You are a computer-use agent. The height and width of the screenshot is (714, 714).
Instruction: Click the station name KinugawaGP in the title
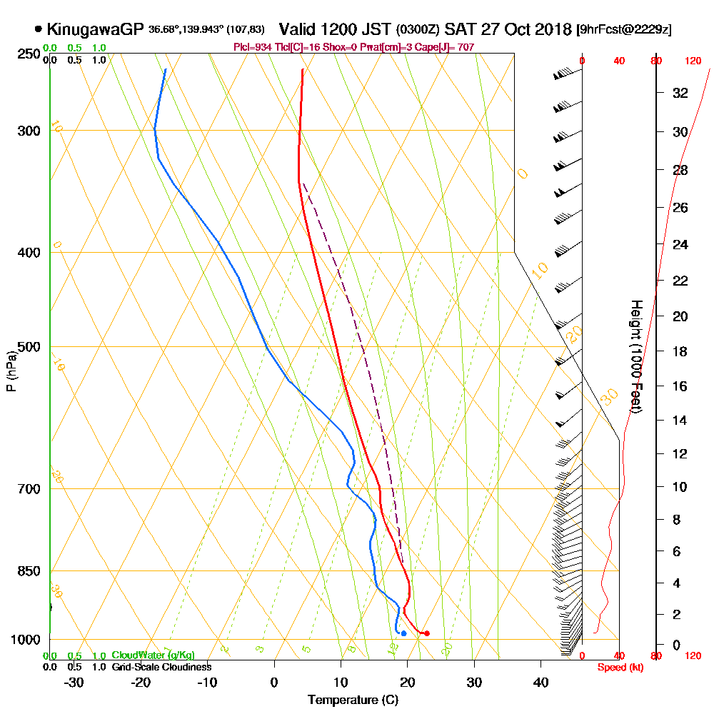[x=96, y=30]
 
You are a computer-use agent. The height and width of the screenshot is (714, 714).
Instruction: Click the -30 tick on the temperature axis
[x=74, y=683]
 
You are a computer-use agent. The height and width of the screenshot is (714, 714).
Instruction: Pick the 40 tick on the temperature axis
[x=540, y=683]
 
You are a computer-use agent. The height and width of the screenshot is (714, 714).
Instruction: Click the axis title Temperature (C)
[x=353, y=700]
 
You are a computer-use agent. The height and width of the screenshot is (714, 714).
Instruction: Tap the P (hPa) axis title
[x=11, y=371]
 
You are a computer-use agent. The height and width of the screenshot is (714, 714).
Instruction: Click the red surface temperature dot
[x=427, y=633]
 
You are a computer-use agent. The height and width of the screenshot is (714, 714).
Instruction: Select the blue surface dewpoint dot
[x=403, y=633]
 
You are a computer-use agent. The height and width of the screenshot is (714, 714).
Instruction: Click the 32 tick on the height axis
[x=680, y=93]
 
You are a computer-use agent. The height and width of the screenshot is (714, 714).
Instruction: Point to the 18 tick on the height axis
[x=680, y=351]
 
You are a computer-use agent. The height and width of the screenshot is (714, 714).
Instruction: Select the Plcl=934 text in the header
[x=251, y=47]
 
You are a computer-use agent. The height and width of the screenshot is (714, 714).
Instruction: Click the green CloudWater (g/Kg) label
[x=153, y=655]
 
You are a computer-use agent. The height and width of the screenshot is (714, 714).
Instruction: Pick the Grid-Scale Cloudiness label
[x=161, y=667]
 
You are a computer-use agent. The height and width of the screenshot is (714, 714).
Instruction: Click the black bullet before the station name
[x=38, y=30]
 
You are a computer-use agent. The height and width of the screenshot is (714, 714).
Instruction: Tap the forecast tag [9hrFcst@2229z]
[x=623, y=30]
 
